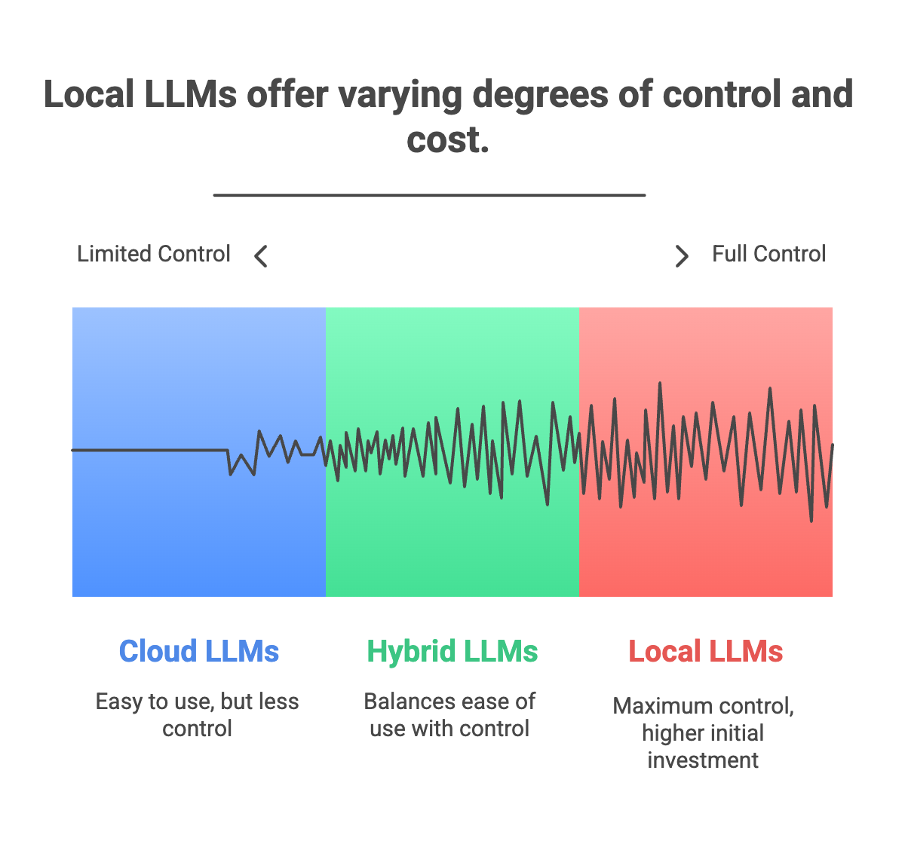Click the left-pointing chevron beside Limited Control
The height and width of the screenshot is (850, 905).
[261, 256]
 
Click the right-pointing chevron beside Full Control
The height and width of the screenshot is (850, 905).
[682, 256]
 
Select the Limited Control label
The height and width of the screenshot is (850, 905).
[154, 254]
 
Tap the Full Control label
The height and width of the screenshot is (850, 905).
[769, 254]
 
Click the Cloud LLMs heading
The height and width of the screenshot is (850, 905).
[198, 651]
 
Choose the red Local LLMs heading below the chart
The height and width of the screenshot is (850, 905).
[706, 651]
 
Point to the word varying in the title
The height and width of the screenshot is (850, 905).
[400, 96]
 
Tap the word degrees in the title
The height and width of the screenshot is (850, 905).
[541, 96]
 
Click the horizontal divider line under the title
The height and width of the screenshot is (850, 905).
[429, 195]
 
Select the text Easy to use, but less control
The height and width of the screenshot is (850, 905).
[198, 714]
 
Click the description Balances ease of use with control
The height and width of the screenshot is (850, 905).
[449, 714]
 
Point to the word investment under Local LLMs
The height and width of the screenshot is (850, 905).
[703, 760]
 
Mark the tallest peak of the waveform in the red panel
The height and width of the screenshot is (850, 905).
[660, 384]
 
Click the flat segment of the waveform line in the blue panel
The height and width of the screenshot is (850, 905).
[150, 450]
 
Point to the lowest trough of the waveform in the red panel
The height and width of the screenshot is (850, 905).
[811, 520]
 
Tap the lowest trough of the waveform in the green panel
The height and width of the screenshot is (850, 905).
[548, 504]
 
